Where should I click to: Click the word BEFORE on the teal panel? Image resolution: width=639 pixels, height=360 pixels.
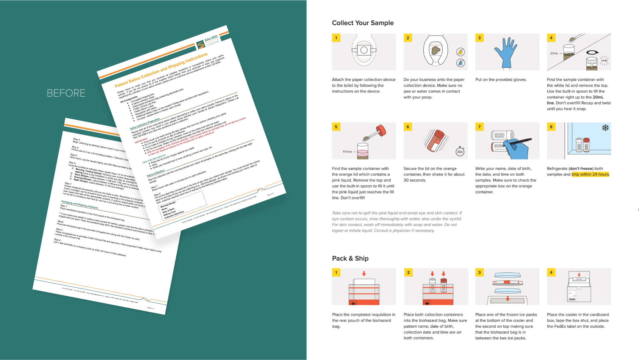(66, 93)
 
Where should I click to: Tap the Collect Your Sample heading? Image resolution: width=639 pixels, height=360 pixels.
(362, 23)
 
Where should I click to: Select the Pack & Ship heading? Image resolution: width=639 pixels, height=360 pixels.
(350, 258)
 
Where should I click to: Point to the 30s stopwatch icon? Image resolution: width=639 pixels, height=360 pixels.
(460, 152)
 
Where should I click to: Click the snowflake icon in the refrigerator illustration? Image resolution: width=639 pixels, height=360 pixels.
(605, 128)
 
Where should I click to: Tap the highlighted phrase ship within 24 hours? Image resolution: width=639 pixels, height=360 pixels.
(590, 174)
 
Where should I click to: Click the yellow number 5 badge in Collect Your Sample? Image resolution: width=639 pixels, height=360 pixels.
(336, 127)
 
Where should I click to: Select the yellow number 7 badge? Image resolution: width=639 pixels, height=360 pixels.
(479, 127)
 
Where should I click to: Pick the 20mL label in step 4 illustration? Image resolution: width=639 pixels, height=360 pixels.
(554, 53)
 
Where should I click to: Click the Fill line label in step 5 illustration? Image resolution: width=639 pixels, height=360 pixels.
(347, 152)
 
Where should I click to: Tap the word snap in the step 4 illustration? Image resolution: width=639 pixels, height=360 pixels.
(604, 60)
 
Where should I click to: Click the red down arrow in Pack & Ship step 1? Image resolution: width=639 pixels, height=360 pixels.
(364, 274)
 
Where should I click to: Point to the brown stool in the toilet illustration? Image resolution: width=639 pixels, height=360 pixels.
(436, 51)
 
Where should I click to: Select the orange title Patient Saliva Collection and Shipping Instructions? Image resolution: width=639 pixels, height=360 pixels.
(161, 70)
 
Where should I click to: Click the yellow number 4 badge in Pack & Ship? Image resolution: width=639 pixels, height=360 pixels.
(551, 272)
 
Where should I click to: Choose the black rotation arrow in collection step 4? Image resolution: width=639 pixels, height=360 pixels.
(592, 52)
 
